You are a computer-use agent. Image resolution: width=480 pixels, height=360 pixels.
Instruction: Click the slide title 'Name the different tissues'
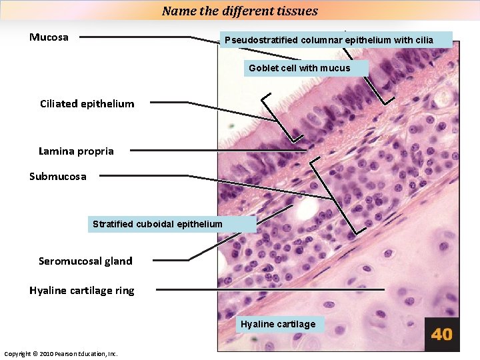tap(240, 11)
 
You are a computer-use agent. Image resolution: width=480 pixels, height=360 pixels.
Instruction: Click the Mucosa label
tap(49, 37)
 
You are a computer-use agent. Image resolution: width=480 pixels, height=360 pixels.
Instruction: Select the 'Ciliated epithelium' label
tap(87, 103)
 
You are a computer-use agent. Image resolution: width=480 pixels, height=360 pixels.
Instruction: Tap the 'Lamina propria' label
tap(76, 151)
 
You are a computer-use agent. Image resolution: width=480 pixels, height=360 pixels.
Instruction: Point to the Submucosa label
tap(57, 177)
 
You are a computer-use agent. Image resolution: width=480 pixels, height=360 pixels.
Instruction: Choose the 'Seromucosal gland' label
tap(85, 261)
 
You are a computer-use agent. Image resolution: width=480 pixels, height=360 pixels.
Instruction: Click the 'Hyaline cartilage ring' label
tap(81, 290)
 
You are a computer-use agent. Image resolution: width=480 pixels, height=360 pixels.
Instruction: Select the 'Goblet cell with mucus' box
tap(306, 68)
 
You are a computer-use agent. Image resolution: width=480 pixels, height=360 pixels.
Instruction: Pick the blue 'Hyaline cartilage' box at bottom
tap(279, 325)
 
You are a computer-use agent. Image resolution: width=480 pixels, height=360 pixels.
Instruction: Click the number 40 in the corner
tap(441, 334)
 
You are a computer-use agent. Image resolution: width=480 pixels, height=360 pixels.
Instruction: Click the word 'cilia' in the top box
tap(424, 40)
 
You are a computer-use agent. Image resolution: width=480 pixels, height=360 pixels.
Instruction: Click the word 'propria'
tap(97, 151)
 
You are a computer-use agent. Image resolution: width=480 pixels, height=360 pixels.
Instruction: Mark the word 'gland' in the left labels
tap(119, 261)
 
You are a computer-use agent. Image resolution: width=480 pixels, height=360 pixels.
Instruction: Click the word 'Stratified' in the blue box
tap(113, 224)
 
